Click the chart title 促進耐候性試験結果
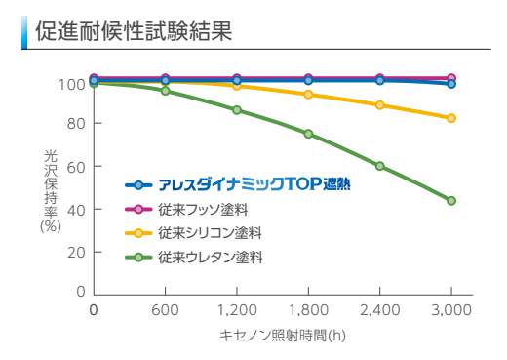[133, 31]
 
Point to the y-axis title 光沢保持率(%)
[51, 189]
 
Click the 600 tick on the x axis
[165, 310]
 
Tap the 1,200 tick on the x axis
[237, 310]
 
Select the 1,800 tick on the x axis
[308, 310]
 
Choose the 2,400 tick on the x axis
[380, 310]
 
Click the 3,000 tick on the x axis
[451, 310]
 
